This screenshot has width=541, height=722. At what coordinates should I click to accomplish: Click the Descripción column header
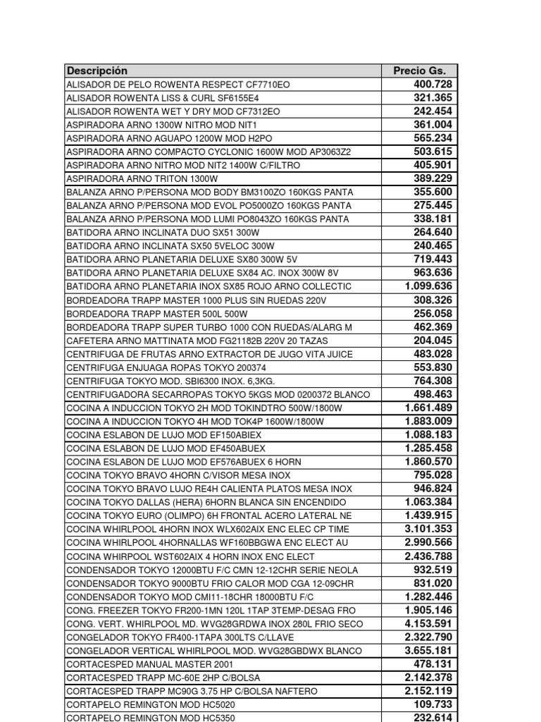point(97,71)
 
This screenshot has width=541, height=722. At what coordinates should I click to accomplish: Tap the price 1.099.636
point(428,286)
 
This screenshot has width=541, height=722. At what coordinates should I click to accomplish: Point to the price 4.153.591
point(428,624)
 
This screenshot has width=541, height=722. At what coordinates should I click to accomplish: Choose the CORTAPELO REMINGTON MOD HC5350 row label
point(151,718)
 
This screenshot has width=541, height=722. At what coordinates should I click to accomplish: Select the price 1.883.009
point(428,421)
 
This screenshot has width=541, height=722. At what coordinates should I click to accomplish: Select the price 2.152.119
point(428,691)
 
